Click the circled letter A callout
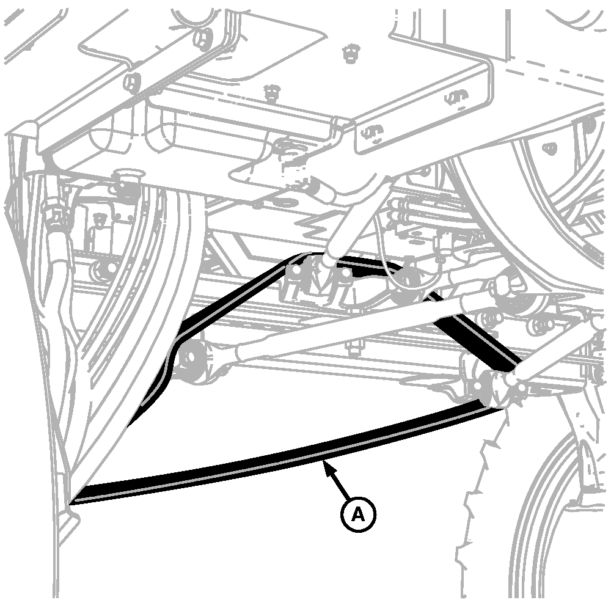click(357, 514)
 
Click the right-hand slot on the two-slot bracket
click(456, 97)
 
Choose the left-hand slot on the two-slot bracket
click(371, 133)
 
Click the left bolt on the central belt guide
click(296, 269)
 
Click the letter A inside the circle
click(357, 514)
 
